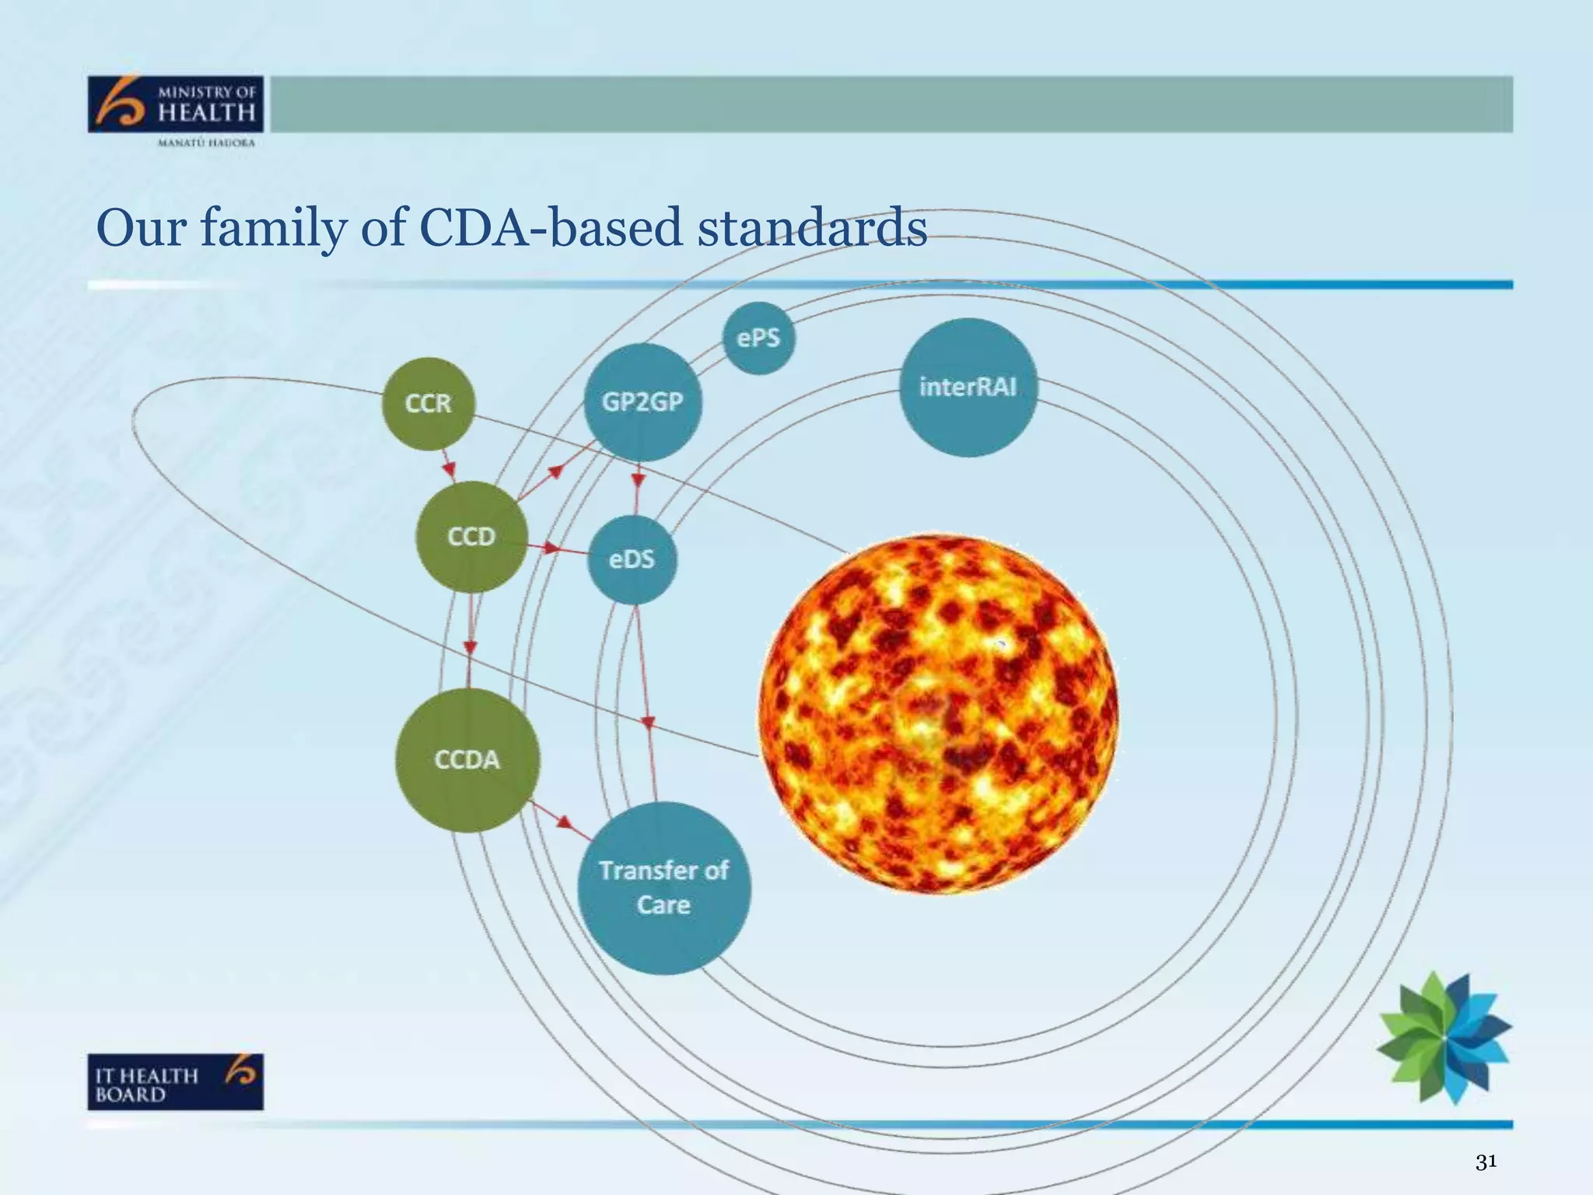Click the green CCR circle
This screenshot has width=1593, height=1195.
point(428,403)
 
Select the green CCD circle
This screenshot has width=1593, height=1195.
point(471,536)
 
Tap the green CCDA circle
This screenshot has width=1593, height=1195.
point(467,759)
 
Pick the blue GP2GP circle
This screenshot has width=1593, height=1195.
point(642,401)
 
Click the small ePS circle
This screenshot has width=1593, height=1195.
point(758,338)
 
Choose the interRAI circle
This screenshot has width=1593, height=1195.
point(968,387)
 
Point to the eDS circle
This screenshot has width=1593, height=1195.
point(632,559)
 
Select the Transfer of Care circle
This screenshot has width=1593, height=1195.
point(663,888)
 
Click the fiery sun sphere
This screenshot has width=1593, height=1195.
point(938,714)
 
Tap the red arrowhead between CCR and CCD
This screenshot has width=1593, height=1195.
point(449,470)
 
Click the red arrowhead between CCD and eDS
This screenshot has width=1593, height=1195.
point(551,548)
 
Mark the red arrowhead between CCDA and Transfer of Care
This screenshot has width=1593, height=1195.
point(563,822)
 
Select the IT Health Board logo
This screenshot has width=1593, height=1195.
point(176,1081)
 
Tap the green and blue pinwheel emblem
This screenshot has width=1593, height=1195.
point(1444,1036)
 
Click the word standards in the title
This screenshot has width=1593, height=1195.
point(811,228)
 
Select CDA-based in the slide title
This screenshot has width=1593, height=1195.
point(551,228)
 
